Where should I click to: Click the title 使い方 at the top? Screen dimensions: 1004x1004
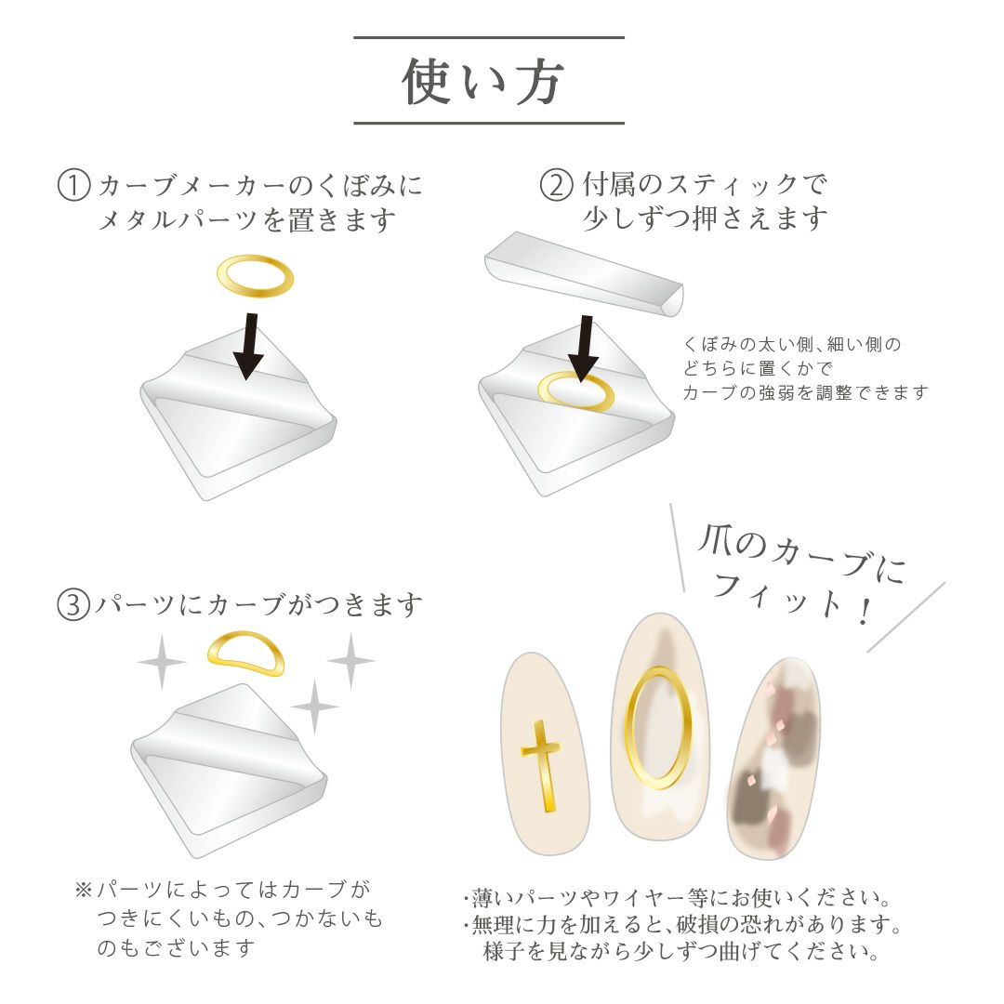click(x=482, y=81)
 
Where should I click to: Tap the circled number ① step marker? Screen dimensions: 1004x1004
click(x=73, y=185)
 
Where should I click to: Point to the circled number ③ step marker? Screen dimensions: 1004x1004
click(x=73, y=604)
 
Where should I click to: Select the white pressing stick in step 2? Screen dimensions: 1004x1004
click(x=583, y=273)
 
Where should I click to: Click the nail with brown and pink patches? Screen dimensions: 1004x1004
click(x=773, y=759)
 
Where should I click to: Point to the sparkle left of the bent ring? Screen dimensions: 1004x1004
click(x=162, y=662)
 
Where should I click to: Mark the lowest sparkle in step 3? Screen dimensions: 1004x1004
click(x=314, y=707)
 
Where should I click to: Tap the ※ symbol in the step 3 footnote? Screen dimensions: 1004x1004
click(x=84, y=890)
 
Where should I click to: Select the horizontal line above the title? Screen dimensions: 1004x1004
click(x=489, y=38)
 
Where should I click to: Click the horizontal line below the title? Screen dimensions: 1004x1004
click(x=489, y=123)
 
